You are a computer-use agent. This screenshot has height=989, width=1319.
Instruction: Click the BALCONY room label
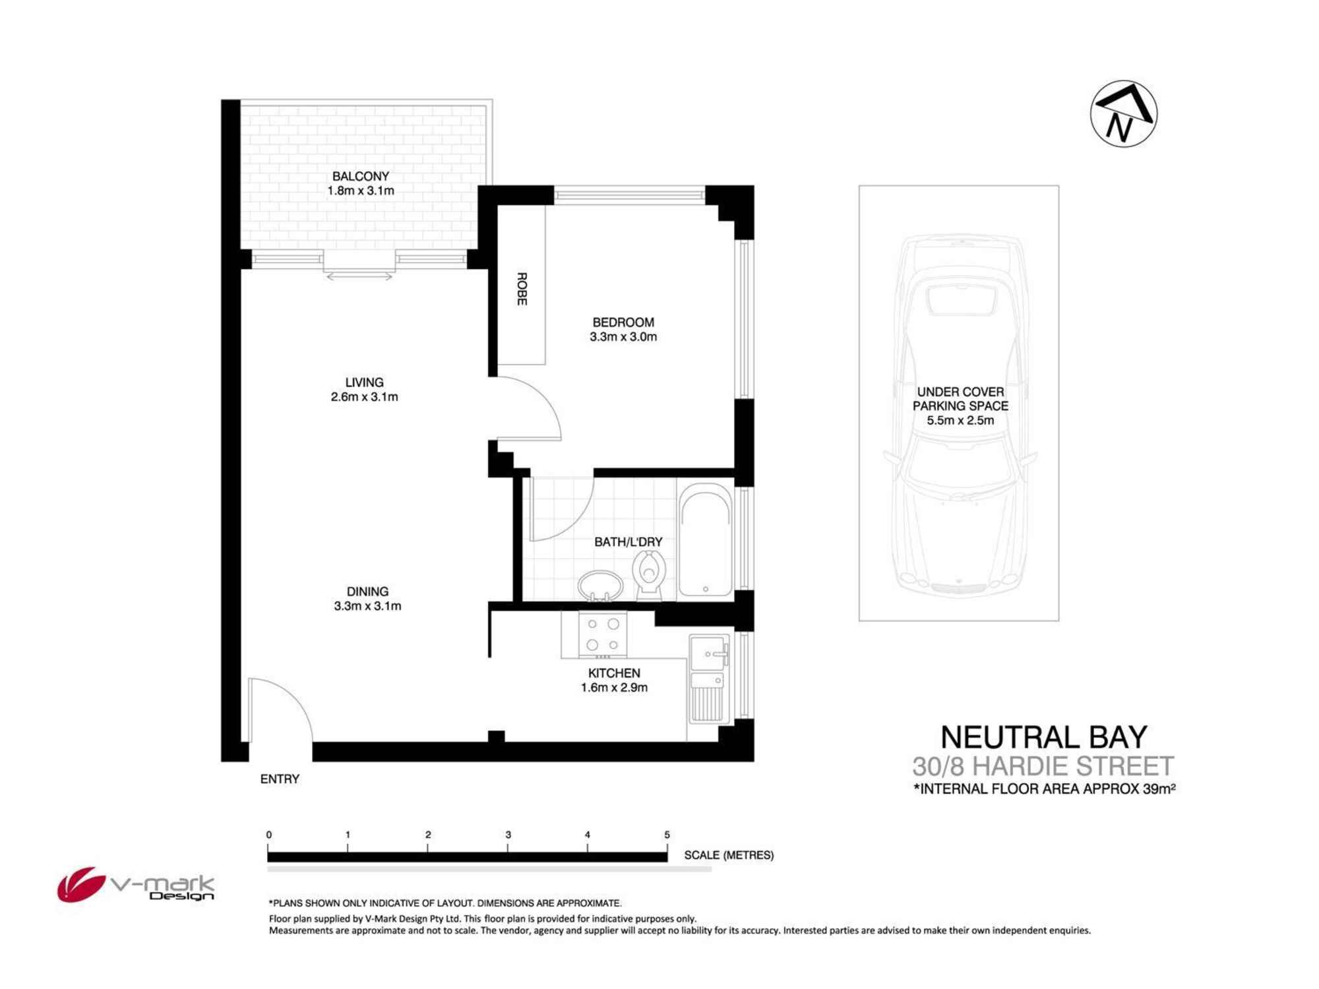point(360,176)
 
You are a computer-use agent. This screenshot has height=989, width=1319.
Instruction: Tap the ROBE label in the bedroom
point(522,289)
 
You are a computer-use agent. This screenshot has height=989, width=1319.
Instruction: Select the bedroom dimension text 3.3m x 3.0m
point(623,337)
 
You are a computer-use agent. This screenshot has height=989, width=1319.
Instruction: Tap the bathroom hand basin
point(600,585)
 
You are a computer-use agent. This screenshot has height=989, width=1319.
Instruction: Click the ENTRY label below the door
point(280,779)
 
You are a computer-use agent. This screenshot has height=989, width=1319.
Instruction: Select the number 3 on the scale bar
point(508,835)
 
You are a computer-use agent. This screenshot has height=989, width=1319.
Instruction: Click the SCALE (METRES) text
point(729,855)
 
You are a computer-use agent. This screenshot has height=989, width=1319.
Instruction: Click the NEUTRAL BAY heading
point(1043,737)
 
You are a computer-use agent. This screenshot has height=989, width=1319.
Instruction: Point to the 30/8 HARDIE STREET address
point(1043,766)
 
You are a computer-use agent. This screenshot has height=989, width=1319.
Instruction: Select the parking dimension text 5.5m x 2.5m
point(960,421)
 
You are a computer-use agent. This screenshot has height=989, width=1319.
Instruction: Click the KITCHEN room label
point(614,673)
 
